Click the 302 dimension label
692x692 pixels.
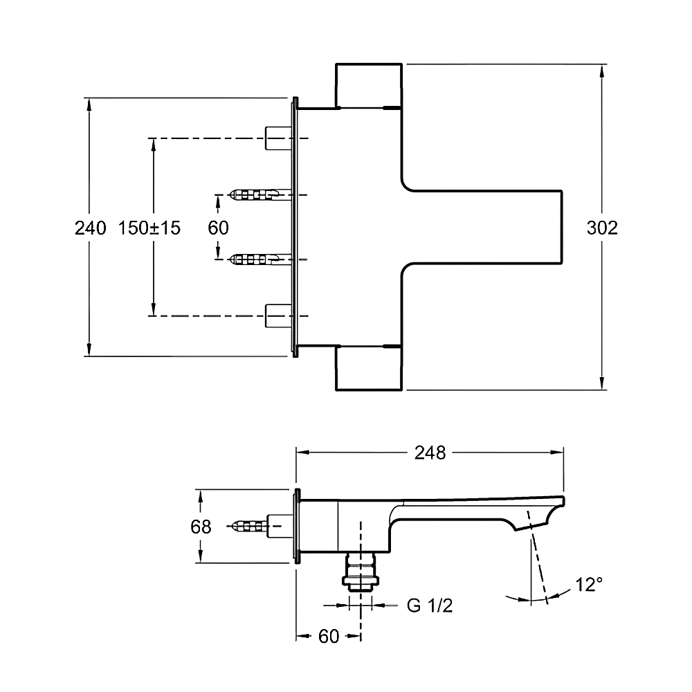coord(601,228)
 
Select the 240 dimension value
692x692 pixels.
coord(90,228)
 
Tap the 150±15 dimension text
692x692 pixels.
coord(149,228)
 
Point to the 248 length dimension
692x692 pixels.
coord(430,453)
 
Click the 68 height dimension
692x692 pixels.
coord(201,527)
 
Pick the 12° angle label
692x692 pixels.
coord(588,585)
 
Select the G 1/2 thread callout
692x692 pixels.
coord(429,606)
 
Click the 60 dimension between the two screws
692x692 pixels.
coord(218,228)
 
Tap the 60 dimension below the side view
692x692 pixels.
coord(329,636)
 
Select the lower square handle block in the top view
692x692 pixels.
coord(369,368)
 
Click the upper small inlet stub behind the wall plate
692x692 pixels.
coord(280,138)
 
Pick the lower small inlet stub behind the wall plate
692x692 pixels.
coord(280,315)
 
